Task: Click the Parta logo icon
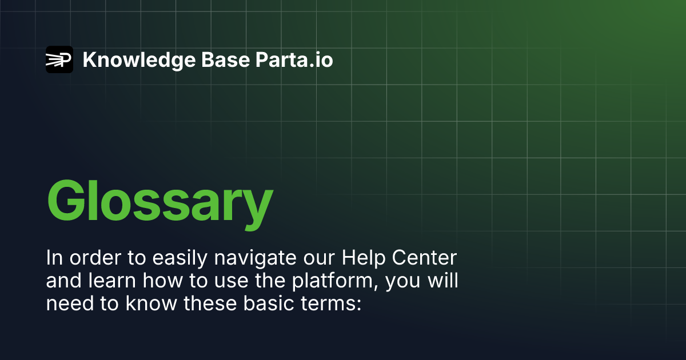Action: tap(59, 59)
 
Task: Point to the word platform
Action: tap(334, 282)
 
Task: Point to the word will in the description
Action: tap(443, 282)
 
